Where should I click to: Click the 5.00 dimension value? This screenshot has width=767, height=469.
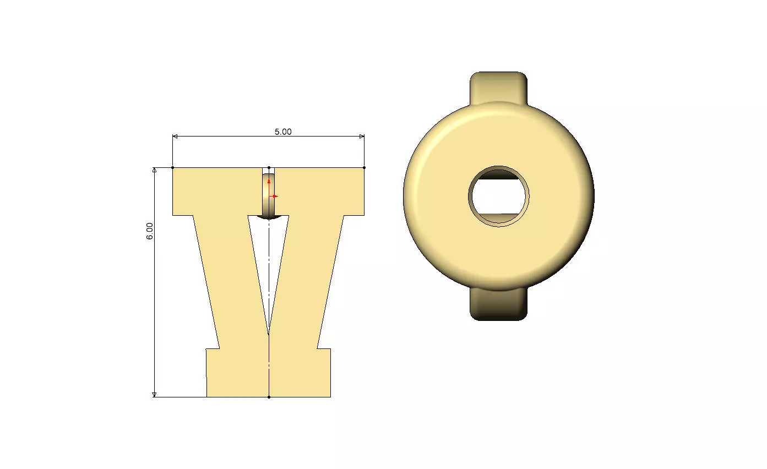click(x=283, y=132)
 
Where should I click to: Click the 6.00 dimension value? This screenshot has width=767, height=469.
click(x=150, y=230)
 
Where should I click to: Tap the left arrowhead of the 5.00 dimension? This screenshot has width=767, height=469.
click(x=175, y=137)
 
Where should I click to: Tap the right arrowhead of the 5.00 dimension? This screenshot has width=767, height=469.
click(x=362, y=137)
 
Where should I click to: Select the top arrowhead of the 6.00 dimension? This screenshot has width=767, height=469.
click(x=155, y=170)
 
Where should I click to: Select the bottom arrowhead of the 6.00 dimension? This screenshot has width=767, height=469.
click(x=155, y=394)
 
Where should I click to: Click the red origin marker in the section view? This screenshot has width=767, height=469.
click(x=270, y=195)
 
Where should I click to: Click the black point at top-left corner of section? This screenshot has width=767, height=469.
click(x=173, y=167)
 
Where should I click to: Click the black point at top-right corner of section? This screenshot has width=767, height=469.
click(x=364, y=167)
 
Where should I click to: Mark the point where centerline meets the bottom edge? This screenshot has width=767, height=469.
click(x=269, y=397)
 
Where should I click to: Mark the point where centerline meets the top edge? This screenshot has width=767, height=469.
click(x=269, y=167)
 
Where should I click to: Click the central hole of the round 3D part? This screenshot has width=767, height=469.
click(x=499, y=197)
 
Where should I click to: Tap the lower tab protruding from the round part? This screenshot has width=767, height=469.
click(x=498, y=304)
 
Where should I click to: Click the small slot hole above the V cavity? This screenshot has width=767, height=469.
click(x=268, y=195)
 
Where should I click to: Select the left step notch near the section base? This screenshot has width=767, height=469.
click(x=213, y=349)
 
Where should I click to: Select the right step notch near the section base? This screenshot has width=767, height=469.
click(x=324, y=349)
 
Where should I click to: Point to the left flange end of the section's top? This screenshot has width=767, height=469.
click(x=182, y=192)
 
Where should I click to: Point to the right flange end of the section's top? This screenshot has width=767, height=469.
click(x=355, y=192)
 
